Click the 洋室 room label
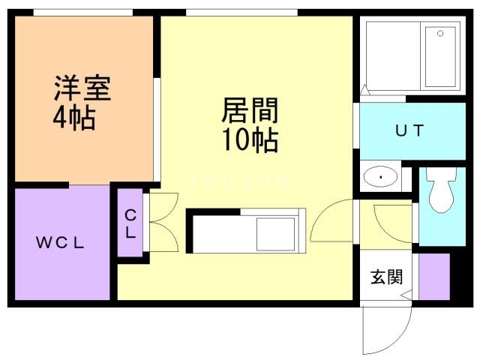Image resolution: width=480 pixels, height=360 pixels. [x=82, y=88]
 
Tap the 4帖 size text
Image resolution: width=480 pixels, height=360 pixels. [x=73, y=118]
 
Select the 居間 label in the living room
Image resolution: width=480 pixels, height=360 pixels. [x=250, y=110]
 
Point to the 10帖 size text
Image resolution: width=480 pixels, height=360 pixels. [x=250, y=140]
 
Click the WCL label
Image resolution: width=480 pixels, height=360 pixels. [x=60, y=243]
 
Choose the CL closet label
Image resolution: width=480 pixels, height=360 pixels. [x=130, y=223]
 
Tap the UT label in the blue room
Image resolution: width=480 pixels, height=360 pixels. [x=409, y=130]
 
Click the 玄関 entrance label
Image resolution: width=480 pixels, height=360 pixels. [x=386, y=277]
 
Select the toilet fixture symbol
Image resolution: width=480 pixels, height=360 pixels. [x=442, y=190]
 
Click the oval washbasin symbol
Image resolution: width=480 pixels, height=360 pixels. [x=380, y=177]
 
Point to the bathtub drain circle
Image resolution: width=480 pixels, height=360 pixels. [x=440, y=33]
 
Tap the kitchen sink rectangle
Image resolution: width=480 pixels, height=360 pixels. [x=275, y=234]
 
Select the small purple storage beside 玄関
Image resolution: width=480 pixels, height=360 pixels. [x=434, y=277]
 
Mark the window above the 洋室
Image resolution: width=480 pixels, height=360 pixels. [x=83, y=13]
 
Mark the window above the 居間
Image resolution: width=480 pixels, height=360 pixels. [x=241, y=13]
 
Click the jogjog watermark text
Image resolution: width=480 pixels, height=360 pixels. [x=239, y=181]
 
